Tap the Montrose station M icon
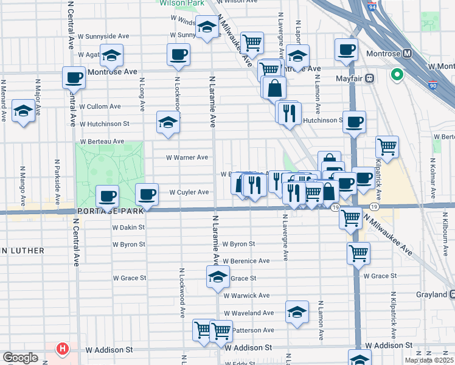[x=408, y=54]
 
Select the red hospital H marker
[x=62, y=349]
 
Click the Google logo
[x=20, y=358]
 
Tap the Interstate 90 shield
[x=432, y=85]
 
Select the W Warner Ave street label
[x=187, y=158]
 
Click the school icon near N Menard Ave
[x=23, y=111]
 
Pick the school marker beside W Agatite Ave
[x=111, y=55]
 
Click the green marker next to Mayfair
[x=397, y=75]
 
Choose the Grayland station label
[x=432, y=295]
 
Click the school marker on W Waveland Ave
[x=297, y=312]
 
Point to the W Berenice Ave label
[x=246, y=261]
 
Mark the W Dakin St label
[x=128, y=227]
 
